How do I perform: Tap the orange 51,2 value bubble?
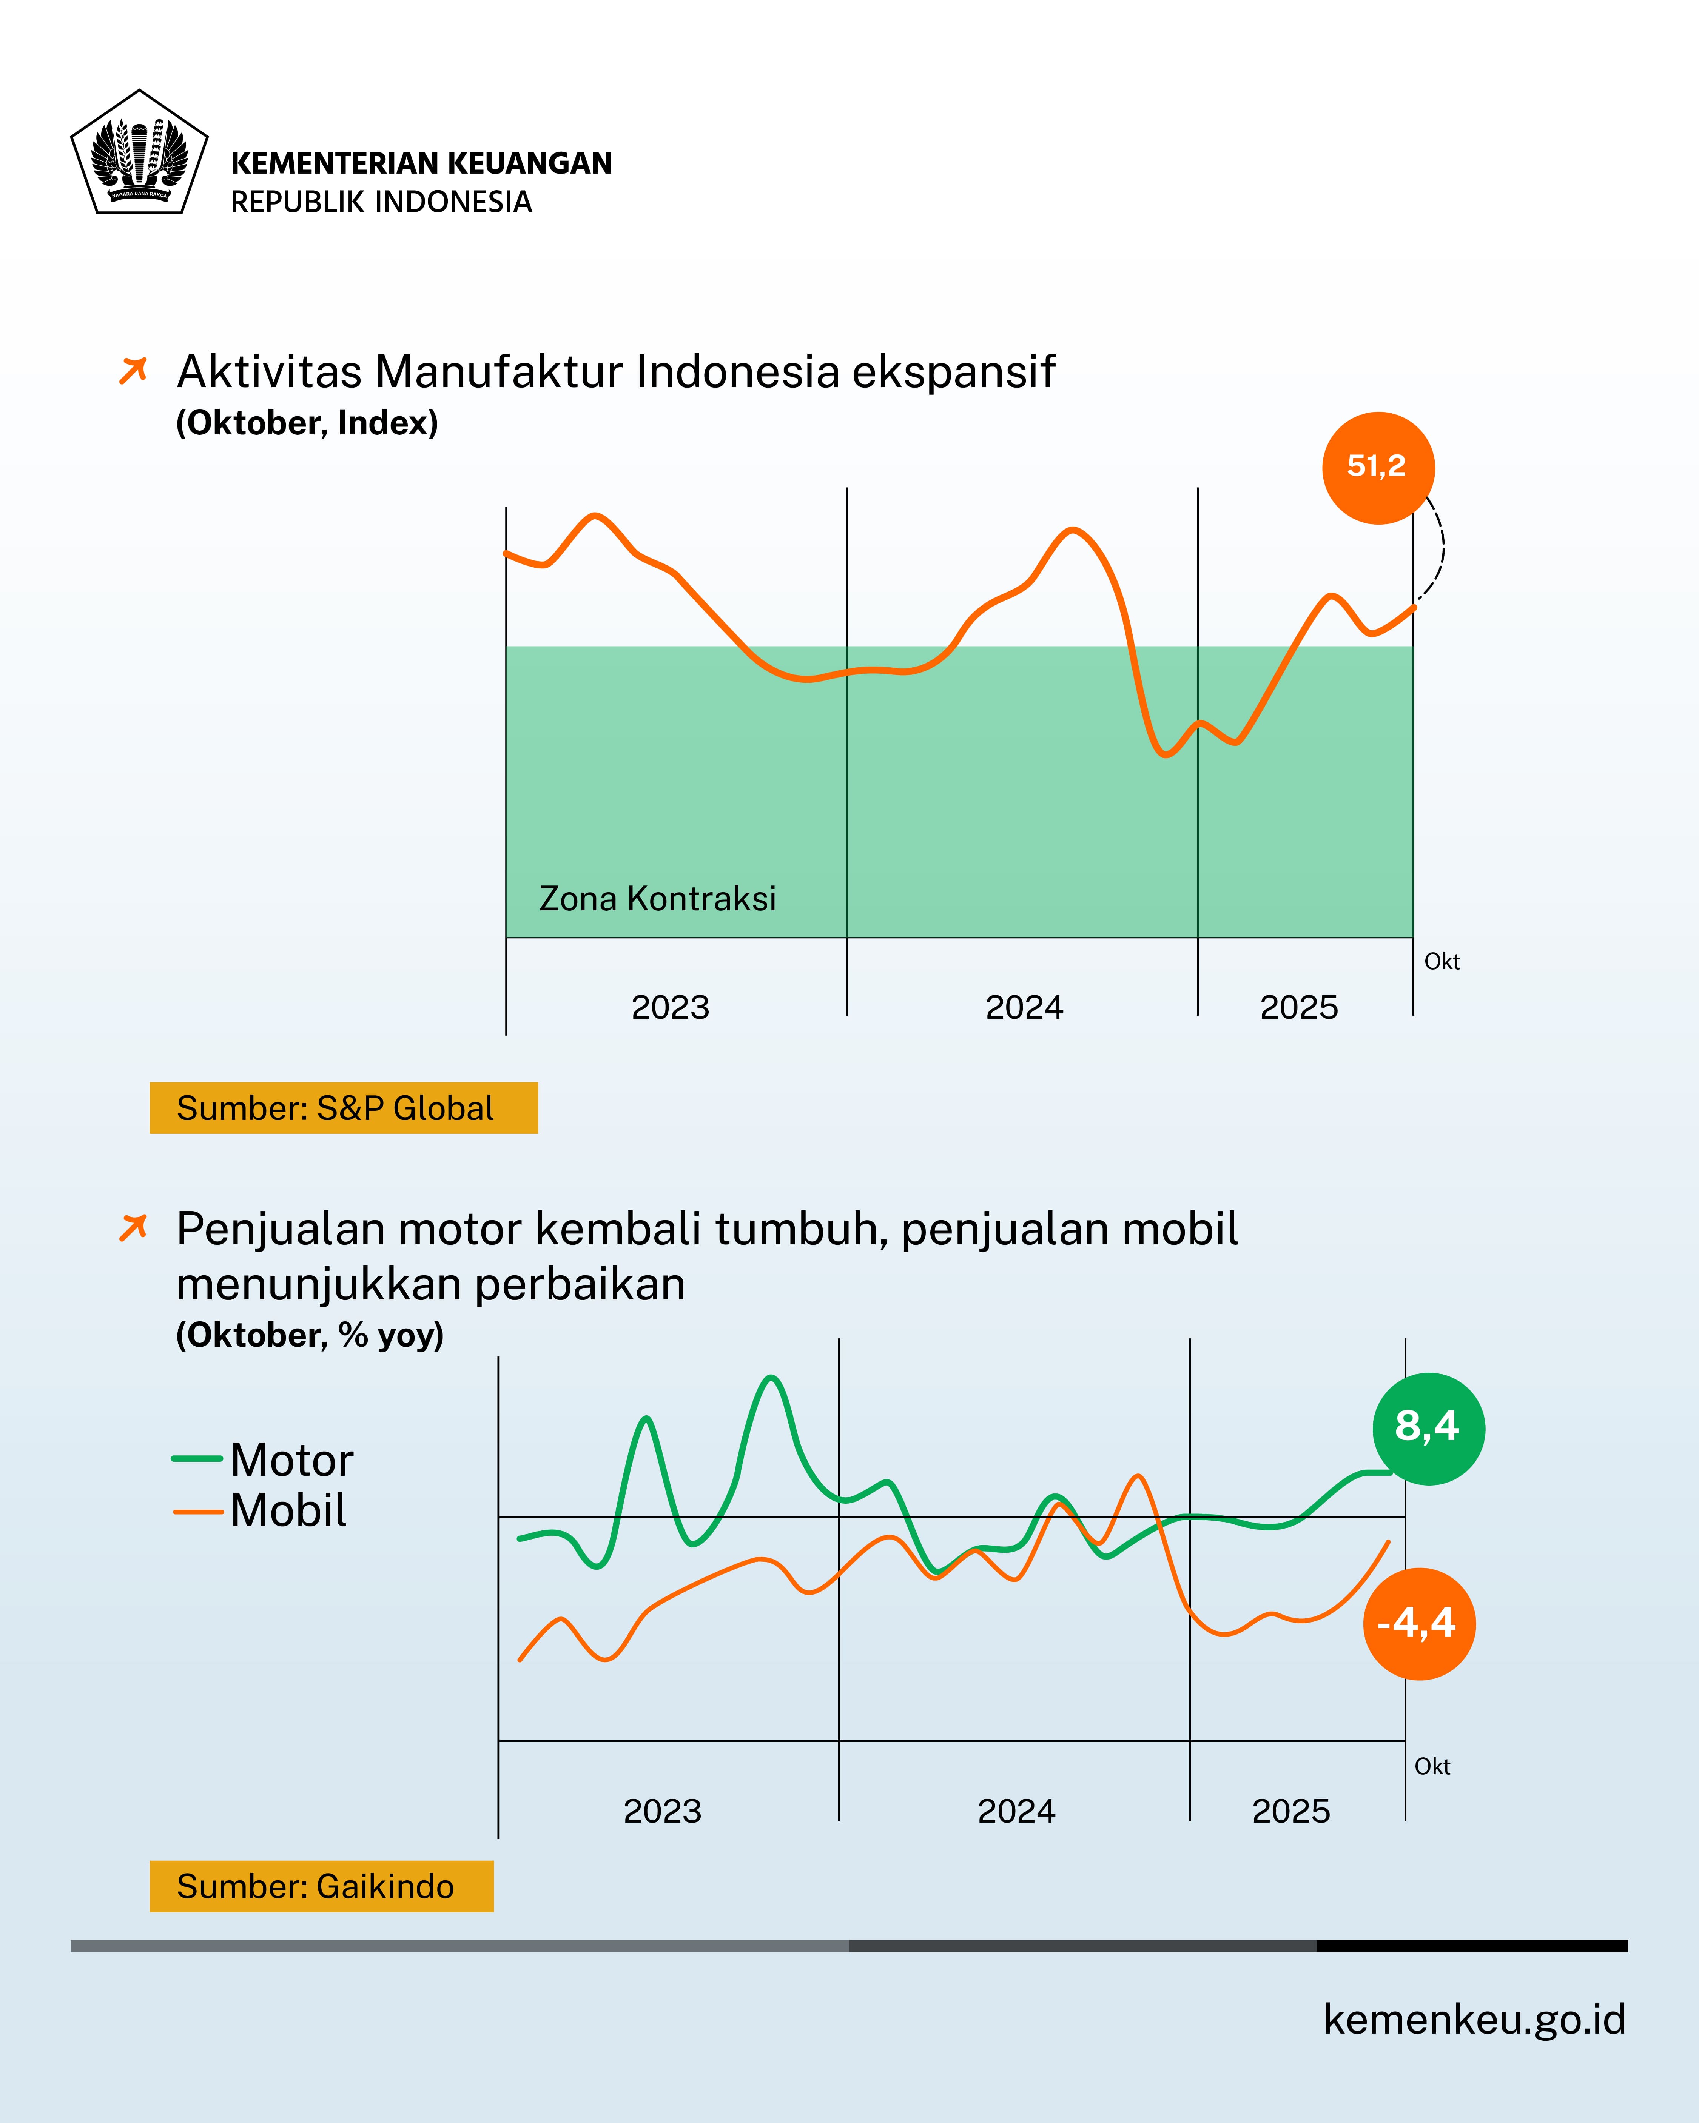pyautogui.click(x=1378, y=468)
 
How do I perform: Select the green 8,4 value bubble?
pyautogui.click(x=1428, y=1428)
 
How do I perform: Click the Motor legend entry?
pyautogui.click(x=291, y=1459)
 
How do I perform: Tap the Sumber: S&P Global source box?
pyautogui.click(x=343, y=1108)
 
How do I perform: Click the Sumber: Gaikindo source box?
pyautogui.click(x=321, y=1886)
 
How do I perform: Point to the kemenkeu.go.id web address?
pyautogui.click(x=1474, y=2018)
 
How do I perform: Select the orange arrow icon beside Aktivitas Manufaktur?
pyautogui.click(x=133, y=371)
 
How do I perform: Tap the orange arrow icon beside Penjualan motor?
pyautogui.click(x=133, y=1228)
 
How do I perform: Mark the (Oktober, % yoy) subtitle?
pyautogui.click(x=309, y=1335)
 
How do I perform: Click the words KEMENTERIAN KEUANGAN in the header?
pyautogui.click(x=422, y=163)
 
